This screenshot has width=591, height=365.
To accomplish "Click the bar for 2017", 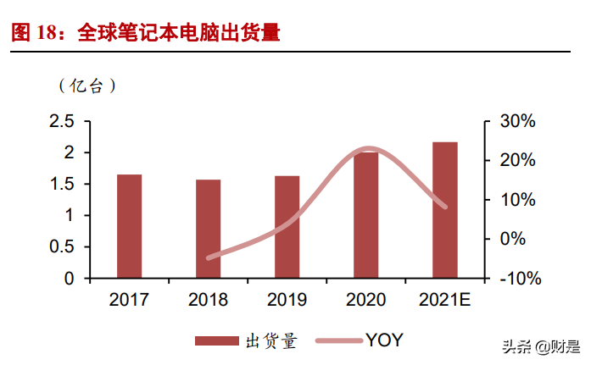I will pos(129,226).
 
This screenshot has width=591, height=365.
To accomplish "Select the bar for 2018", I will pos(208,229).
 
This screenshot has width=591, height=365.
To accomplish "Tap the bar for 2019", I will pos(287,227).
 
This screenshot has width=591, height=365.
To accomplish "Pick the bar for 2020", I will pos(365,215).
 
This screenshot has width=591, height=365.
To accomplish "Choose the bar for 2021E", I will pos(444,210).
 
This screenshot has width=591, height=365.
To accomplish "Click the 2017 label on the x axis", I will pos(129,299).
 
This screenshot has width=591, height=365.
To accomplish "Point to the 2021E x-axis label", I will pos(445,299).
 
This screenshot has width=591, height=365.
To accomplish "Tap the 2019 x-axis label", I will pos(287,299).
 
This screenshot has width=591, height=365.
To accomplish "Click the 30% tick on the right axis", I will pos(516,122).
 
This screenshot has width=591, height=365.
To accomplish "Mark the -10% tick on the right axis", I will pos(514,279).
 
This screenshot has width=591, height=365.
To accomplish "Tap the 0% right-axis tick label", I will pos(519,240).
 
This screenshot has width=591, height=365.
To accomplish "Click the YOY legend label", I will pos(384,340).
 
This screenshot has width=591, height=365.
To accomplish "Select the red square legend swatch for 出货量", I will pos(217,340).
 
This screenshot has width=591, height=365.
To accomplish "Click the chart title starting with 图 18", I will pos(145,33).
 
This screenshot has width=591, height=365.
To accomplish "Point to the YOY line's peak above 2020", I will pos(367,149).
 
